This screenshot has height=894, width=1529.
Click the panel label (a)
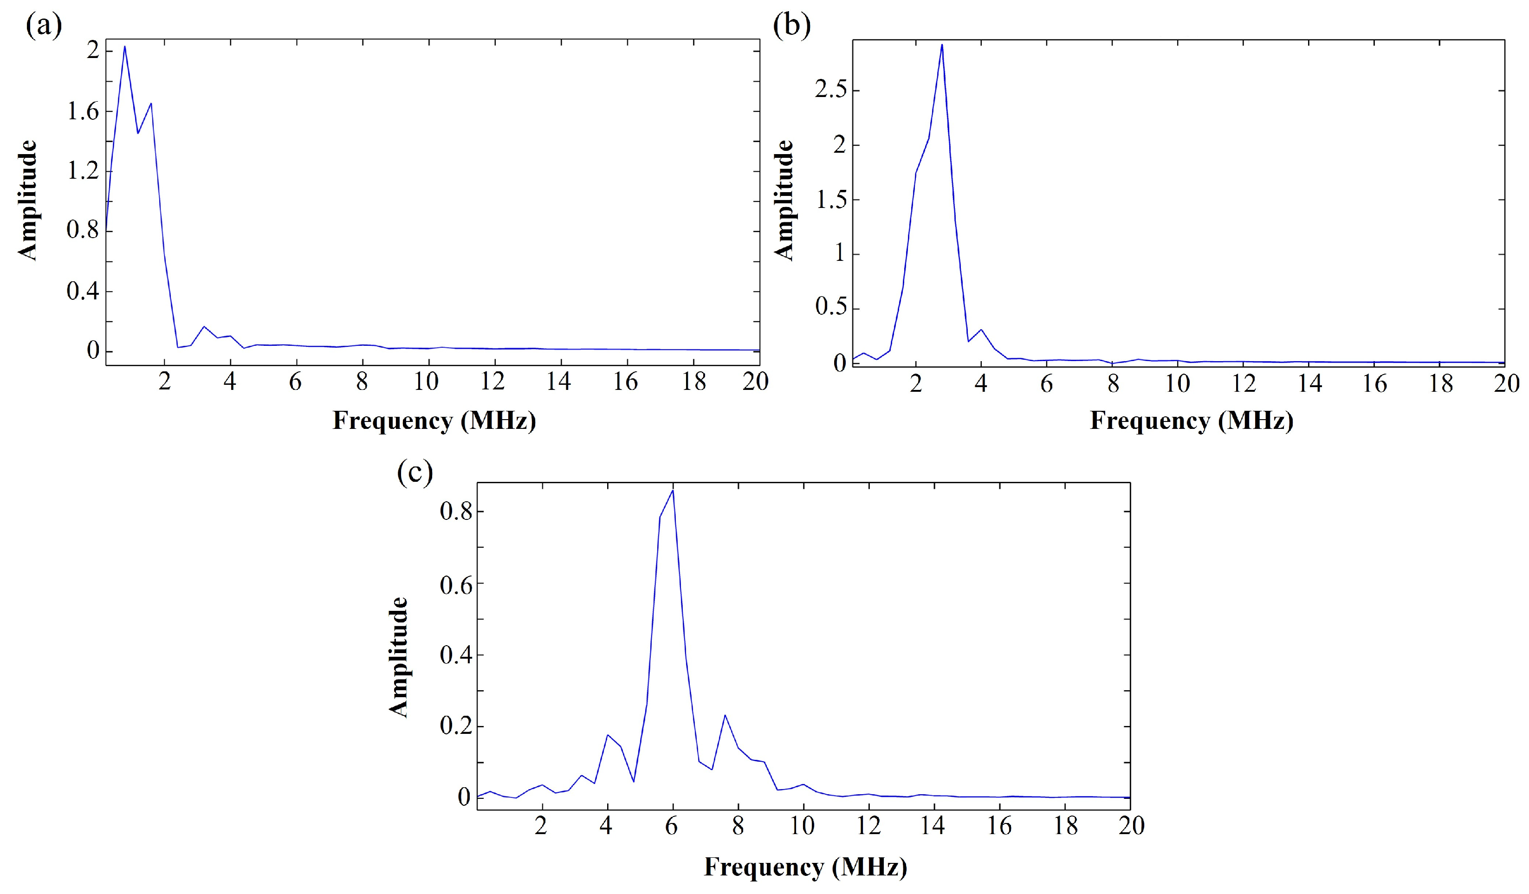(x=44, y=27)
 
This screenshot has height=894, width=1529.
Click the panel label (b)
(x=792, y=27)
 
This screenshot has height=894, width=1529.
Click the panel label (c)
(x=415, y=472)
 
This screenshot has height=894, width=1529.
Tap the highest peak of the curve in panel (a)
(x=124, y=47)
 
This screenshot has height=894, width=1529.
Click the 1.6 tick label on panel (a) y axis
(x=83, y=112)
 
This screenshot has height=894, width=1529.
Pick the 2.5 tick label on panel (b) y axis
(x=830, y=91)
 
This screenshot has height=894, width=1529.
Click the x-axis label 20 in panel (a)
(x=755, y=382)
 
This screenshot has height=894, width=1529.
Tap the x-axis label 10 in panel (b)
(x=1177, y=383)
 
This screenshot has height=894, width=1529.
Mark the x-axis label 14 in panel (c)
(x=933, y=826)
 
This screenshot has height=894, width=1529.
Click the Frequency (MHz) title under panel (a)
(x=434, y=421)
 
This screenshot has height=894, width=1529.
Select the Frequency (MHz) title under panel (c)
(x=805, y=867)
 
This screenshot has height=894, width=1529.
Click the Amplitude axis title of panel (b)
(x=784, y=200)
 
